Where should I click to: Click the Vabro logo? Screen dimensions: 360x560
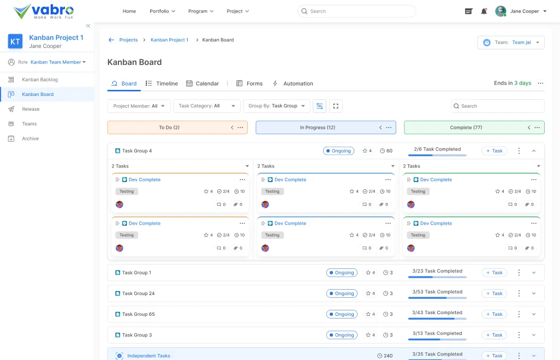(x=44, y=11)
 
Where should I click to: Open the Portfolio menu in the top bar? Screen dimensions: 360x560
(x=162, y=11)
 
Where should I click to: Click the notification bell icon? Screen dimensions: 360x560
(x=484, y=11)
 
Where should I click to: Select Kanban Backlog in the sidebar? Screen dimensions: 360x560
(x=40, y=80)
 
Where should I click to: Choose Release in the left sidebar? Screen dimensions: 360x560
(x=31, y=109)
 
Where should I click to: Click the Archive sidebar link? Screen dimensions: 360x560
(x=31, y=139)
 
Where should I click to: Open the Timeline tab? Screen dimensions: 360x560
(x=162, y=83)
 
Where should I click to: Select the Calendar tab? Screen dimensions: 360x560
(x=202, y=83)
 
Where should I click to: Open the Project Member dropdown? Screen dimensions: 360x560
(x=139, y=106)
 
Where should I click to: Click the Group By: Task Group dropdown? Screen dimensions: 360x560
(x=276, y=106)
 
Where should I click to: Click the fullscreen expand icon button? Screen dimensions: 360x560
(x=336, y=106)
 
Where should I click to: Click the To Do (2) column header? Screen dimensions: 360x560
(x=169, y=128)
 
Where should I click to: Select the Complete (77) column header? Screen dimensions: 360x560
(x=466, y=128)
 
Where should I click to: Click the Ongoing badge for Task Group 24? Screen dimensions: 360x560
(x=342, y=293)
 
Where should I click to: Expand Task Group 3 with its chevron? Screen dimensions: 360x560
(x=534, y=335)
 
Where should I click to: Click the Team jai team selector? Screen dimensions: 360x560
(x=511, y=43)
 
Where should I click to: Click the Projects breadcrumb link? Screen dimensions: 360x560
(x=128, y=40)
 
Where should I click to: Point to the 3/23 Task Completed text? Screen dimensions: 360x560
(x=437, y=271)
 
